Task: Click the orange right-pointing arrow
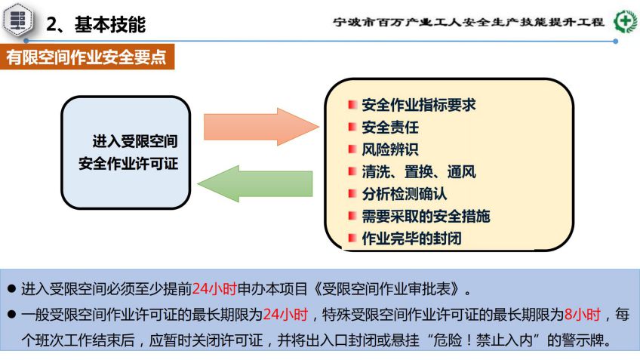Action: point(260,127)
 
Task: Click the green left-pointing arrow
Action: point(255,183)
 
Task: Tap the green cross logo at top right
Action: point(626,21)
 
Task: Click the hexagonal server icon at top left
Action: point(18,20)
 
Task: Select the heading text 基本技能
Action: point(109,24)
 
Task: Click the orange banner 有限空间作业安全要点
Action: point(87,57)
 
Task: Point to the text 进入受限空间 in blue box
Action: point(135,141)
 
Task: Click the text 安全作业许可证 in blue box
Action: point(128,164)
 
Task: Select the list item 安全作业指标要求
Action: point(419,105)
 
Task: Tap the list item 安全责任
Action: point(390,128)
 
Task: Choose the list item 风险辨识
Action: point(390,149)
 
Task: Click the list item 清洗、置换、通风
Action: point(419,172)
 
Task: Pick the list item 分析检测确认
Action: point(405,194)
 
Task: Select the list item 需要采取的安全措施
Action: point(426,217)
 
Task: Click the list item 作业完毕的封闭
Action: point(411,238)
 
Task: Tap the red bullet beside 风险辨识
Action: point(352,149)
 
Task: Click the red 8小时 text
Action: point(583,315)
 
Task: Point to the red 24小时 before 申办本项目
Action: point(214,289)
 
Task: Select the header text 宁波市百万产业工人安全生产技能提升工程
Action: point(468,22)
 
